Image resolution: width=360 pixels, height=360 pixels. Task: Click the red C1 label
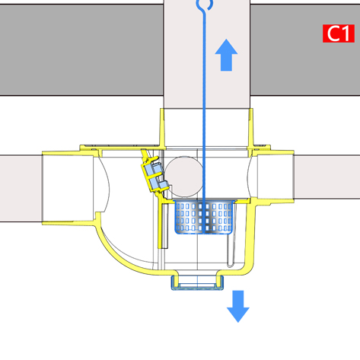click(339, 33)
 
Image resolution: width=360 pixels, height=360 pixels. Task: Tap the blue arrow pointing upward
click(226, 55)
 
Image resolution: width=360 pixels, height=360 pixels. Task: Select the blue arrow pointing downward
click(238, 307)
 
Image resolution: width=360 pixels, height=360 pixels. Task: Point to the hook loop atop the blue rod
click(205, 5)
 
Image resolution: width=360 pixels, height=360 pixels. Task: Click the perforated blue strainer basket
click(204, 217)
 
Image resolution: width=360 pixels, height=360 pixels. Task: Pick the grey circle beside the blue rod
click(184, 177)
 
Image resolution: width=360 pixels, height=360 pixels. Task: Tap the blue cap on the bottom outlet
click(197, 284)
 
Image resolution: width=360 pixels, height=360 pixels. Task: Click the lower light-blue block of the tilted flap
click(158, 183)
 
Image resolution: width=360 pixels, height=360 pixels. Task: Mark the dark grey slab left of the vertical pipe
click(81, 50)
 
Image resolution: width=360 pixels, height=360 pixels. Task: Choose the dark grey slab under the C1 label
click(305, 50)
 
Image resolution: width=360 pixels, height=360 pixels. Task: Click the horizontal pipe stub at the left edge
click(21, 188)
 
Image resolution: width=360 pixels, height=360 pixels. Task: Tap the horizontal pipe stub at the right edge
click(327, 177)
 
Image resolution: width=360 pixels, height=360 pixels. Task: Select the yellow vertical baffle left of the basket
click(160, 225)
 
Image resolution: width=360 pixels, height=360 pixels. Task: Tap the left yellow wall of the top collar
click(162, 128)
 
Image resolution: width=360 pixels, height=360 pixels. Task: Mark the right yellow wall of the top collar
click(250, 128)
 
